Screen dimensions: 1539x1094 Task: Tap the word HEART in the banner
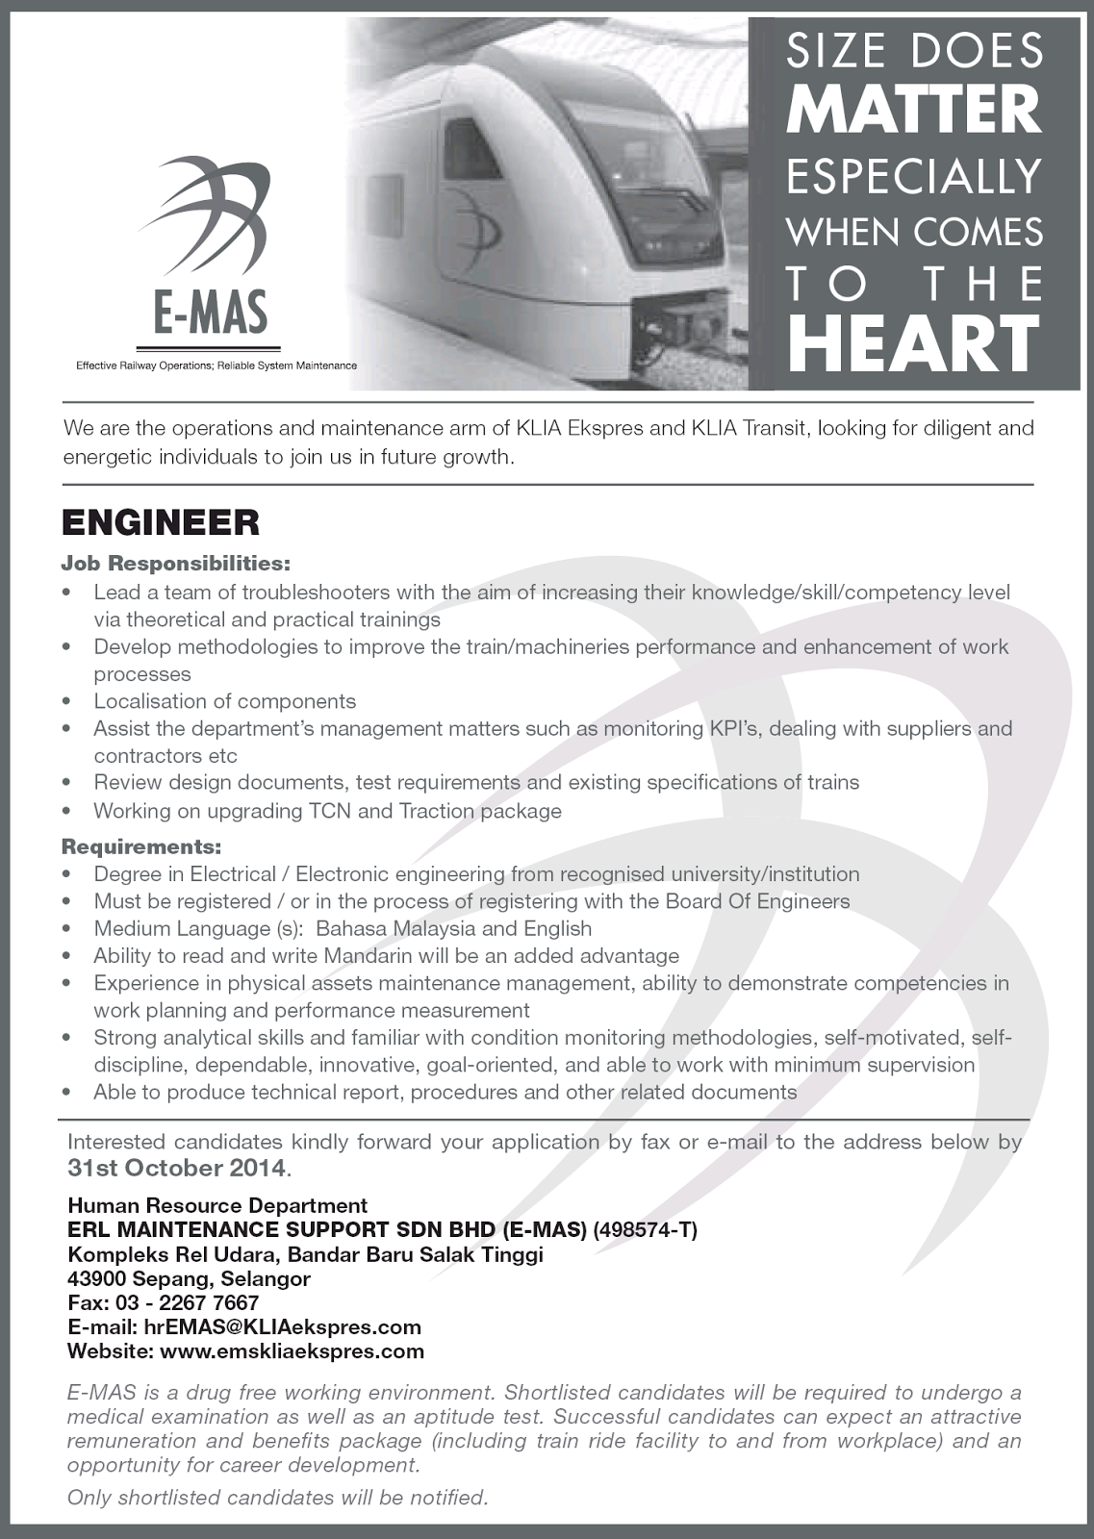[913, 343]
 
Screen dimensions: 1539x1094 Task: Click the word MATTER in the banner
[913, 111]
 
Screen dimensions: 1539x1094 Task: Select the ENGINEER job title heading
[161, 522]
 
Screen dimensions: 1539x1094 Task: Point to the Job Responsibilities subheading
[175, 562]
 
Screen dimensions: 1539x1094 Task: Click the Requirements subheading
[141, 846]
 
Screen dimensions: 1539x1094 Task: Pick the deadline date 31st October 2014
[177, 1169]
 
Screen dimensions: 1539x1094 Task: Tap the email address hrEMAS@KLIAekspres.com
[288, 1327]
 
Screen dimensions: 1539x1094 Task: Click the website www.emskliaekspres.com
[292, 1351]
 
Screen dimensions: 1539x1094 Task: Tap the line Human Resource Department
[217, 1205]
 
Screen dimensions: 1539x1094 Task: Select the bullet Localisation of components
[224, 701]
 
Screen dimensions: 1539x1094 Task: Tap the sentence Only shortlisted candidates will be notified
[278, 1498]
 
